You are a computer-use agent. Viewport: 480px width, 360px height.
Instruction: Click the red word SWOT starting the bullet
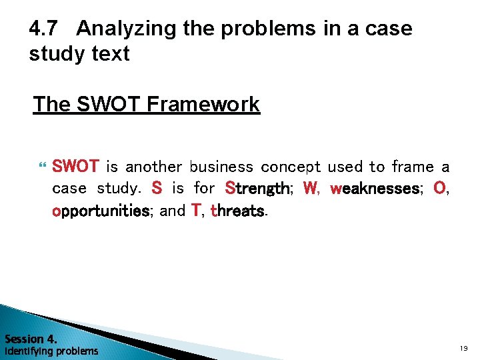75,166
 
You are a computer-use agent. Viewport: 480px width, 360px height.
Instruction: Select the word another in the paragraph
153,166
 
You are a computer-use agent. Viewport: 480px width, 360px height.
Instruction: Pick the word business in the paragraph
221,166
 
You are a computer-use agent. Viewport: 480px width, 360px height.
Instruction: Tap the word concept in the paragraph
291,167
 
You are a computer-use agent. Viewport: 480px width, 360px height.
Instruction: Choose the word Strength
257,189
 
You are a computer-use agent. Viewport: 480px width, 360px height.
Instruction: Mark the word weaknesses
375,189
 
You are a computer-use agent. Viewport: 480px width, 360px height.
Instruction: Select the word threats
238,211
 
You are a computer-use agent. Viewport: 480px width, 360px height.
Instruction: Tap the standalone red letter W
310,189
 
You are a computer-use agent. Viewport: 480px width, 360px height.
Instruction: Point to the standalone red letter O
439,189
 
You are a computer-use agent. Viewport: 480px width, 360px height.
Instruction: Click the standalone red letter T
196,211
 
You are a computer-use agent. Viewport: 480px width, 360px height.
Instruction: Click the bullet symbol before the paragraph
44,167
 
